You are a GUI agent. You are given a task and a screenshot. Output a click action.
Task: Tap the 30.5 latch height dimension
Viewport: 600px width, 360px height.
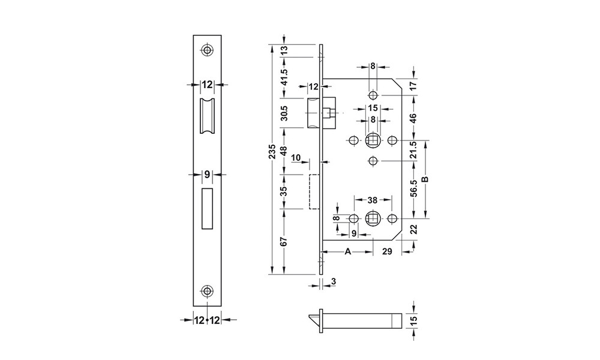pyautogui.click(x=284, y=112)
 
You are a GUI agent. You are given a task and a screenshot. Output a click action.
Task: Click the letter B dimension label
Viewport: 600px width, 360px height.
pyautogui.click(x=425, y=179)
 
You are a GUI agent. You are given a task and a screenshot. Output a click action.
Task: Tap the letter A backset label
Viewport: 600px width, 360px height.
pyautogui.click(x=347, y=252)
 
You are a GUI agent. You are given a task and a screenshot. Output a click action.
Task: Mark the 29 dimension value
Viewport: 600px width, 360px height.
pyautogui.click(x=387, y=252)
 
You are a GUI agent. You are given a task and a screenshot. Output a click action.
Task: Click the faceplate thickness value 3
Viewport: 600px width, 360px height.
pyautogui.click(x=333, y=281)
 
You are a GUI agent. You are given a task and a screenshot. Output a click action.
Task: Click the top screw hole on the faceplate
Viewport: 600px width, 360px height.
pyautogui.click(x=207, y=50)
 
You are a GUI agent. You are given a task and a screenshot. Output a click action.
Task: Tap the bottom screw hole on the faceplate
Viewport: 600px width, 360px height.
pyautogui.click(x=207, y=292)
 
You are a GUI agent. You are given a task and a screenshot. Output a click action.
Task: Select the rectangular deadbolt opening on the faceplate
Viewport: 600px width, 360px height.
pyautogui.click(x=207, y=208)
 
